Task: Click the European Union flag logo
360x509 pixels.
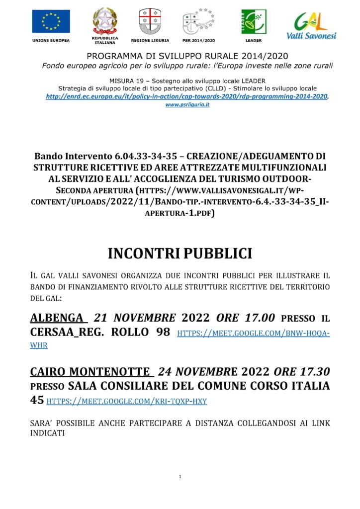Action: click(51, 21)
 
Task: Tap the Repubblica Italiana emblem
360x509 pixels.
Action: click(104, 21)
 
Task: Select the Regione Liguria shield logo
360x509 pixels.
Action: click(150, 21)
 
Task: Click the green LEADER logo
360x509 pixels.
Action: click(254, 21)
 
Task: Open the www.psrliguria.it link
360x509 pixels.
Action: click(187, 105)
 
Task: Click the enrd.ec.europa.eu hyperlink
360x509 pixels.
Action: click(187, 96)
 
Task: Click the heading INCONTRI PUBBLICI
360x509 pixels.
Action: click(180, 253)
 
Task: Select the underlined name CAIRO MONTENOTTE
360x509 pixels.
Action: click(90, 372)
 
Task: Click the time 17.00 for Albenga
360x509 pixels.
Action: click(259, 318)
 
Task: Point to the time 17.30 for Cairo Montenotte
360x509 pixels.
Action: click(313, 372)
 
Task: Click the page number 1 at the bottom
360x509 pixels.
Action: click(180, 477)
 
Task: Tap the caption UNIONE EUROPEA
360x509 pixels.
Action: click(51, 40)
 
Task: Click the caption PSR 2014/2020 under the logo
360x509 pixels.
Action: click(198, 40)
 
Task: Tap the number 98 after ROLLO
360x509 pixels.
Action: click(163, 332)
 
